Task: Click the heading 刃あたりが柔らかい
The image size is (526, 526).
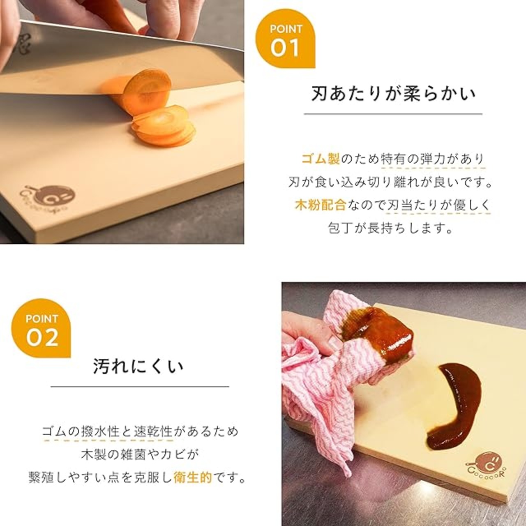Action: coord(393,94)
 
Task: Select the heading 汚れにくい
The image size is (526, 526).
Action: coord(138,366)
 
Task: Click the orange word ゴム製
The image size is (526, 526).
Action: coord(321,159)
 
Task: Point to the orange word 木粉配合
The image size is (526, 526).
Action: coord(321,205)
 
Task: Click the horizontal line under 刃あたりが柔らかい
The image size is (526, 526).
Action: coord(393,113)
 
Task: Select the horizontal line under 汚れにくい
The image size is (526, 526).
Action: coord(140,386)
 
